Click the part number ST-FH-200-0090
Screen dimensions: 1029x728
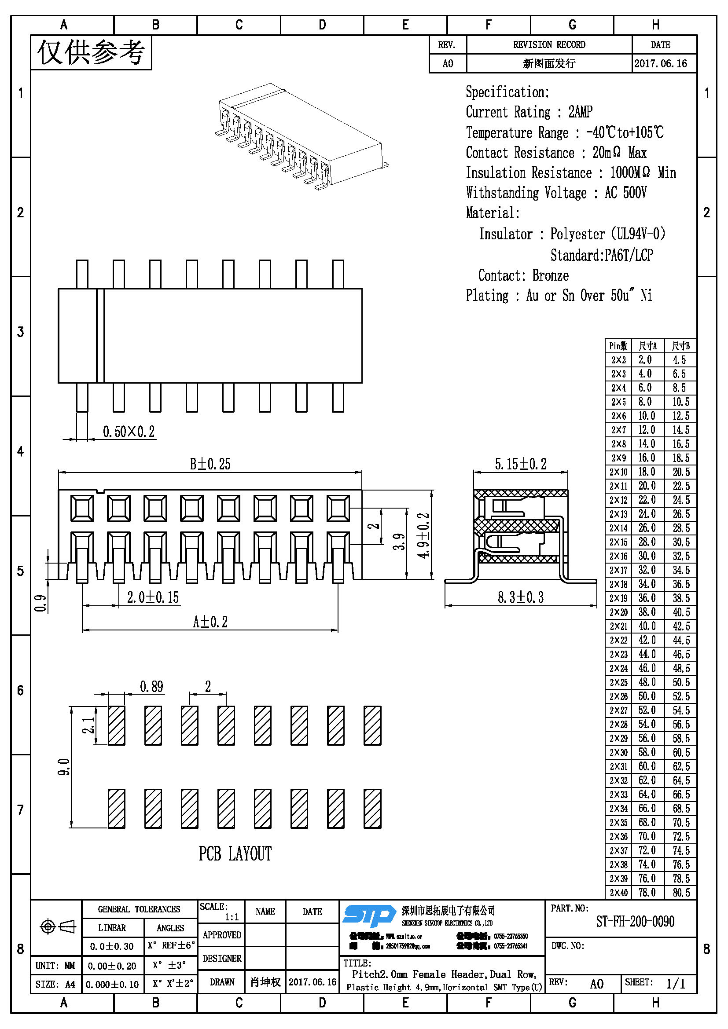click(635, 922)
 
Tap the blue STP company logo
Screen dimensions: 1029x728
click(369, 915)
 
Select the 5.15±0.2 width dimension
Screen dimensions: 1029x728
click(520, 464)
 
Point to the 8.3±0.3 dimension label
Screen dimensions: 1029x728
click(520, 597)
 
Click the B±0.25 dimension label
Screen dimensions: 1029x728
click(210, 464)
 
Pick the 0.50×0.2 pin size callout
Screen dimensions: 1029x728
click(129, 432)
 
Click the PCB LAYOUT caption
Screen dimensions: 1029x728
click(235, 854)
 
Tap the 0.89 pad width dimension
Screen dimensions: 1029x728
click(151, 687)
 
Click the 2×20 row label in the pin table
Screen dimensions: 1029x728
click(618, 612)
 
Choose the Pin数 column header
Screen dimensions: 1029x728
click(618, 346)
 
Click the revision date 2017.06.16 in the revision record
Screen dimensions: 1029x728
click(660, 63)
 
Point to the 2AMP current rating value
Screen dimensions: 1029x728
click(581, 112)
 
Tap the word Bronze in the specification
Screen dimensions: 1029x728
click(551, 276)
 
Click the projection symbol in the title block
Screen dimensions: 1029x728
click(57, 926)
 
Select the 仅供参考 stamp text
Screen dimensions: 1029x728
click(91, 52)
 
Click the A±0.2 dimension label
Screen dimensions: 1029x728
click(210, 622)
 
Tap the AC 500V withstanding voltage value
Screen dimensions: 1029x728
click(625, 193)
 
